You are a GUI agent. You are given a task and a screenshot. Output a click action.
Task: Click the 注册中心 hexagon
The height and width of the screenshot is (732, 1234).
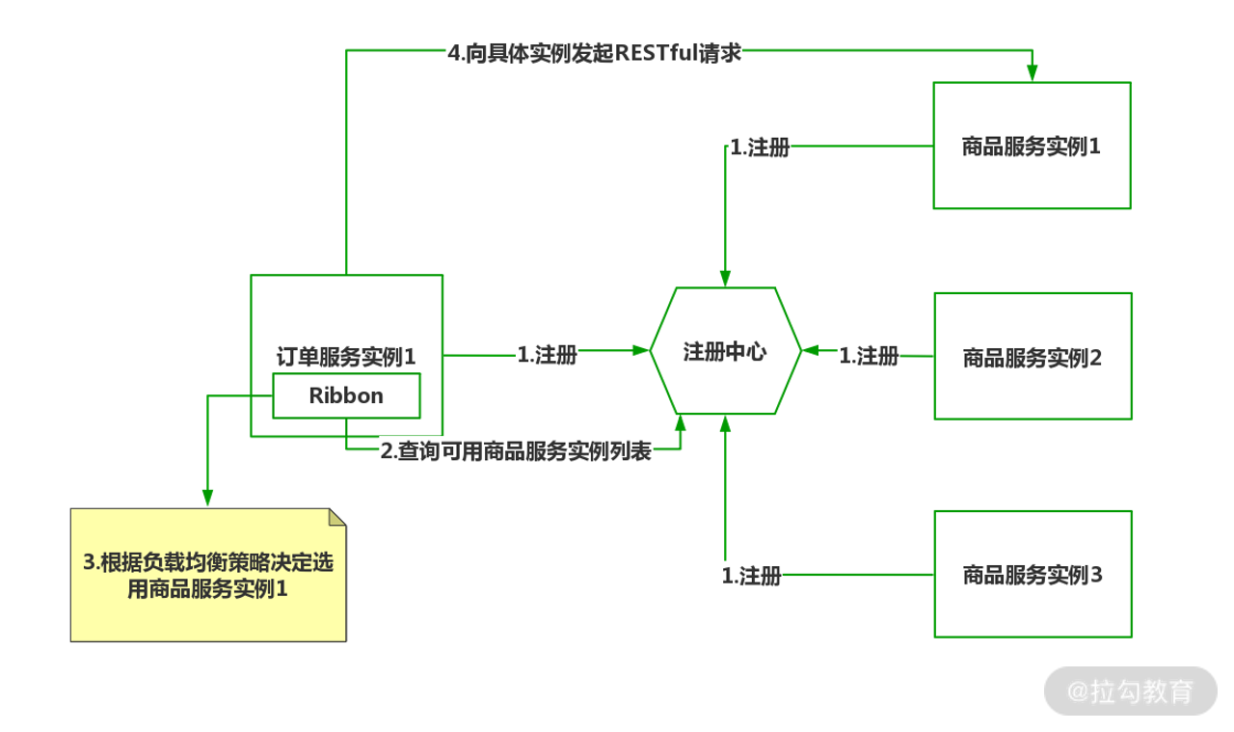click(x=725, y=352)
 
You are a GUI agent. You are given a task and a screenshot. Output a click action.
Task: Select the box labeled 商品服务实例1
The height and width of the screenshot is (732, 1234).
click(x=1032, y=146)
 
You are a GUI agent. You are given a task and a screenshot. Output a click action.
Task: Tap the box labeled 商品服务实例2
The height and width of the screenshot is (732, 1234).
click(x=1032, y=357)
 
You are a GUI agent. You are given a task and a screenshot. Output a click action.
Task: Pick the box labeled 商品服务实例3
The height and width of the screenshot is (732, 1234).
click(x=1032, y=575)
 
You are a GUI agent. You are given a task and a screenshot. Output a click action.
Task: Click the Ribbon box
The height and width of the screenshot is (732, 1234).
click(x=346, y=395)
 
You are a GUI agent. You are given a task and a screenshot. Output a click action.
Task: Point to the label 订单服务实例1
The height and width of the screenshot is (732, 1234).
click(x=346, y=356)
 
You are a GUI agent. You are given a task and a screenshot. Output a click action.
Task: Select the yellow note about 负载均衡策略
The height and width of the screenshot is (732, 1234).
click(x=208, y=575)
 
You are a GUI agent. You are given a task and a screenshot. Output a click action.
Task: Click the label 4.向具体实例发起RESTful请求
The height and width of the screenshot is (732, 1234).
click(x=594, y=53)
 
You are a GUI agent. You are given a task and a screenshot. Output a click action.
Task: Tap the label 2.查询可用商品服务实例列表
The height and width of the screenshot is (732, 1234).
click(x=516, y=451)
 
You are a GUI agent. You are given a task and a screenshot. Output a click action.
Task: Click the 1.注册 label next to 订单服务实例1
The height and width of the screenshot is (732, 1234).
click(x=548, y=355)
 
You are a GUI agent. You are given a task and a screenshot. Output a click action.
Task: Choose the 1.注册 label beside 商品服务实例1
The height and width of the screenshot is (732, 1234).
click(x=760, y=149)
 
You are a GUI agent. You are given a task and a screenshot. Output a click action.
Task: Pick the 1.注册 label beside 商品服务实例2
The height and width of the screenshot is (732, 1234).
click(x=869, y=356)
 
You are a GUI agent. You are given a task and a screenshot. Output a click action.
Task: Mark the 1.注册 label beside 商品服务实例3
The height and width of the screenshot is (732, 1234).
click(x=751, y=577)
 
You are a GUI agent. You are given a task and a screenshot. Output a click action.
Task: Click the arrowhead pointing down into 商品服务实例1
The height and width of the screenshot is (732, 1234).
click(x=1032, y=73)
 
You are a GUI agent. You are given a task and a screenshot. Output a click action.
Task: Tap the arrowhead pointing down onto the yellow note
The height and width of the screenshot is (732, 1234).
click(x=206, y=497)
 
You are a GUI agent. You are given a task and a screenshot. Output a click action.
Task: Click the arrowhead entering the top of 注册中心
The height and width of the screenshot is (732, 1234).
click(x=726, y=278)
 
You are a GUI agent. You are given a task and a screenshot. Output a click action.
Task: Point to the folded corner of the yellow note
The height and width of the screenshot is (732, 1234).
click(x=336, y=517)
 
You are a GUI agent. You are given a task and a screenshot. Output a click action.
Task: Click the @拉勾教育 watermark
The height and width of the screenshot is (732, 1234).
click(x=1130, y=691)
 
